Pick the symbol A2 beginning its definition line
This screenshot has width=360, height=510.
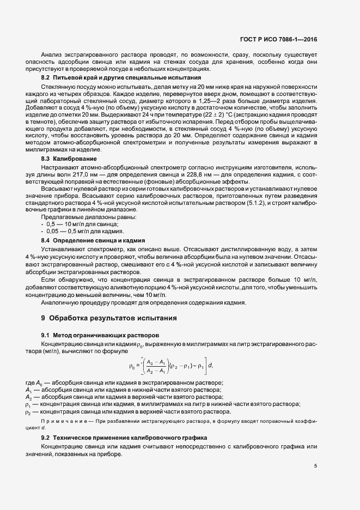(x=28, y=397)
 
